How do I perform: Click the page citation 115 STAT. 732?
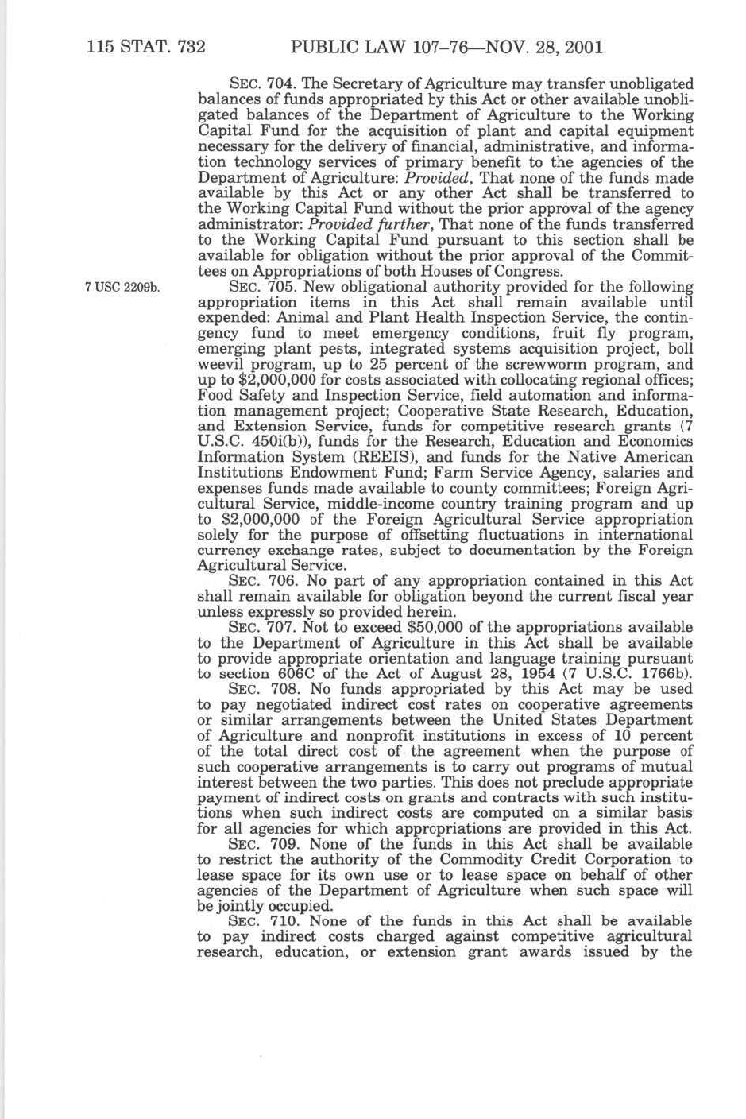tap(147, 47)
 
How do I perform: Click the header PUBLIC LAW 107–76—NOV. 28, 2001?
tap(448, 47)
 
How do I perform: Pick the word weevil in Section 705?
tap(222, 365)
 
